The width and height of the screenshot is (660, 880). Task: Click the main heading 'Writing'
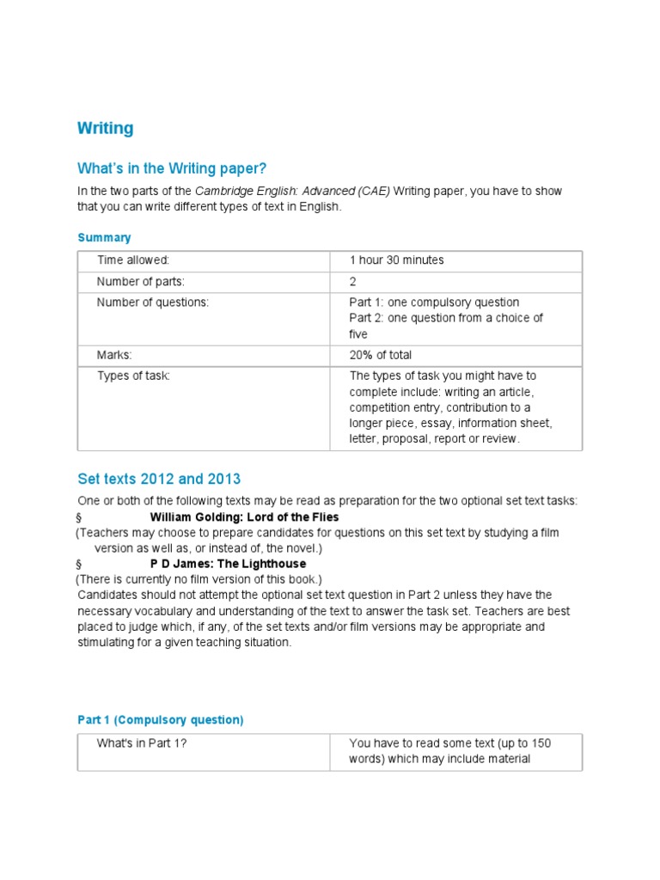(x=106, y=128)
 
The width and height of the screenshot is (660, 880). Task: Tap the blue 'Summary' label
(x=104, y=237)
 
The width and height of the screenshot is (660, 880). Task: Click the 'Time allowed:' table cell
(x=133, y=260)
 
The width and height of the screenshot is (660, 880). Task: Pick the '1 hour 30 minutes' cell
(x=396, y=260)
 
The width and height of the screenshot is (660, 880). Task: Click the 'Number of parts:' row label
(x=141, y=281)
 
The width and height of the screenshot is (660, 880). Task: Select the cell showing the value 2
(x=352, y=281)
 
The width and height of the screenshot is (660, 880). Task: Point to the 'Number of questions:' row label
(x=153, y=302)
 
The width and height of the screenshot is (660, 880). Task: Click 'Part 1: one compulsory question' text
(x=434, y=302)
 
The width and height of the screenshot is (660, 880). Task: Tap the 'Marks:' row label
(x=114, y=355)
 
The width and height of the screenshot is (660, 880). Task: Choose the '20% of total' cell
(x=381, y=355)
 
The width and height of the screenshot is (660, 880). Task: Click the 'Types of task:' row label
(x=133, y=376)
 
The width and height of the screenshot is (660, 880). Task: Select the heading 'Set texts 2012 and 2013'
(x=159, y=479)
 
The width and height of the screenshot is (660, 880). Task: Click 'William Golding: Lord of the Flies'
(x=244, y=517)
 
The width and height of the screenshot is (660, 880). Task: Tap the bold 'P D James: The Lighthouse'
(x=228, y=564)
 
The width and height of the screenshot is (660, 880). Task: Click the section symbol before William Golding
(x=78, y=518)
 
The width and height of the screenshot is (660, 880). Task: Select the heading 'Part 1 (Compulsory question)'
(x=161, y=720)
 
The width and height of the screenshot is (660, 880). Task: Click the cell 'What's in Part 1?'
(x=142, y=743)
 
